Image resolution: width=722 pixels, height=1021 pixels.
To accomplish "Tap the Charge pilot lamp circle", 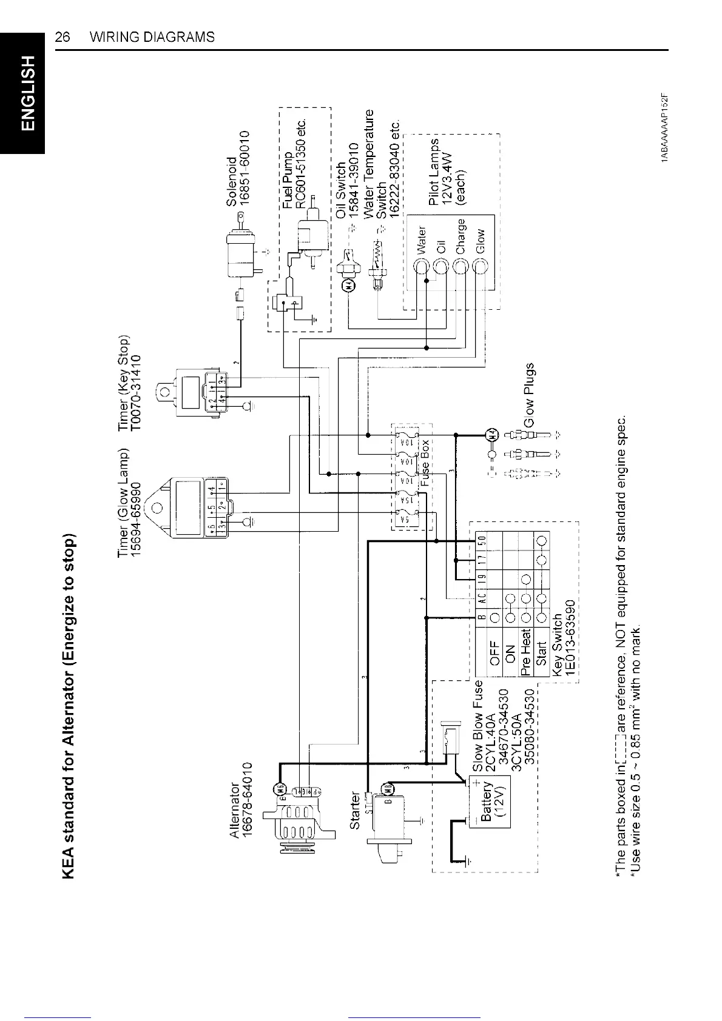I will click(461, 266).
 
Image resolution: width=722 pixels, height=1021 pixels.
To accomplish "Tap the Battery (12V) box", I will click(494, 800).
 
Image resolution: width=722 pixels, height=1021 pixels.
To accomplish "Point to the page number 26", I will click(62, 37).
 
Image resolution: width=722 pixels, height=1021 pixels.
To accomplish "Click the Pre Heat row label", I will click(525, 647).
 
